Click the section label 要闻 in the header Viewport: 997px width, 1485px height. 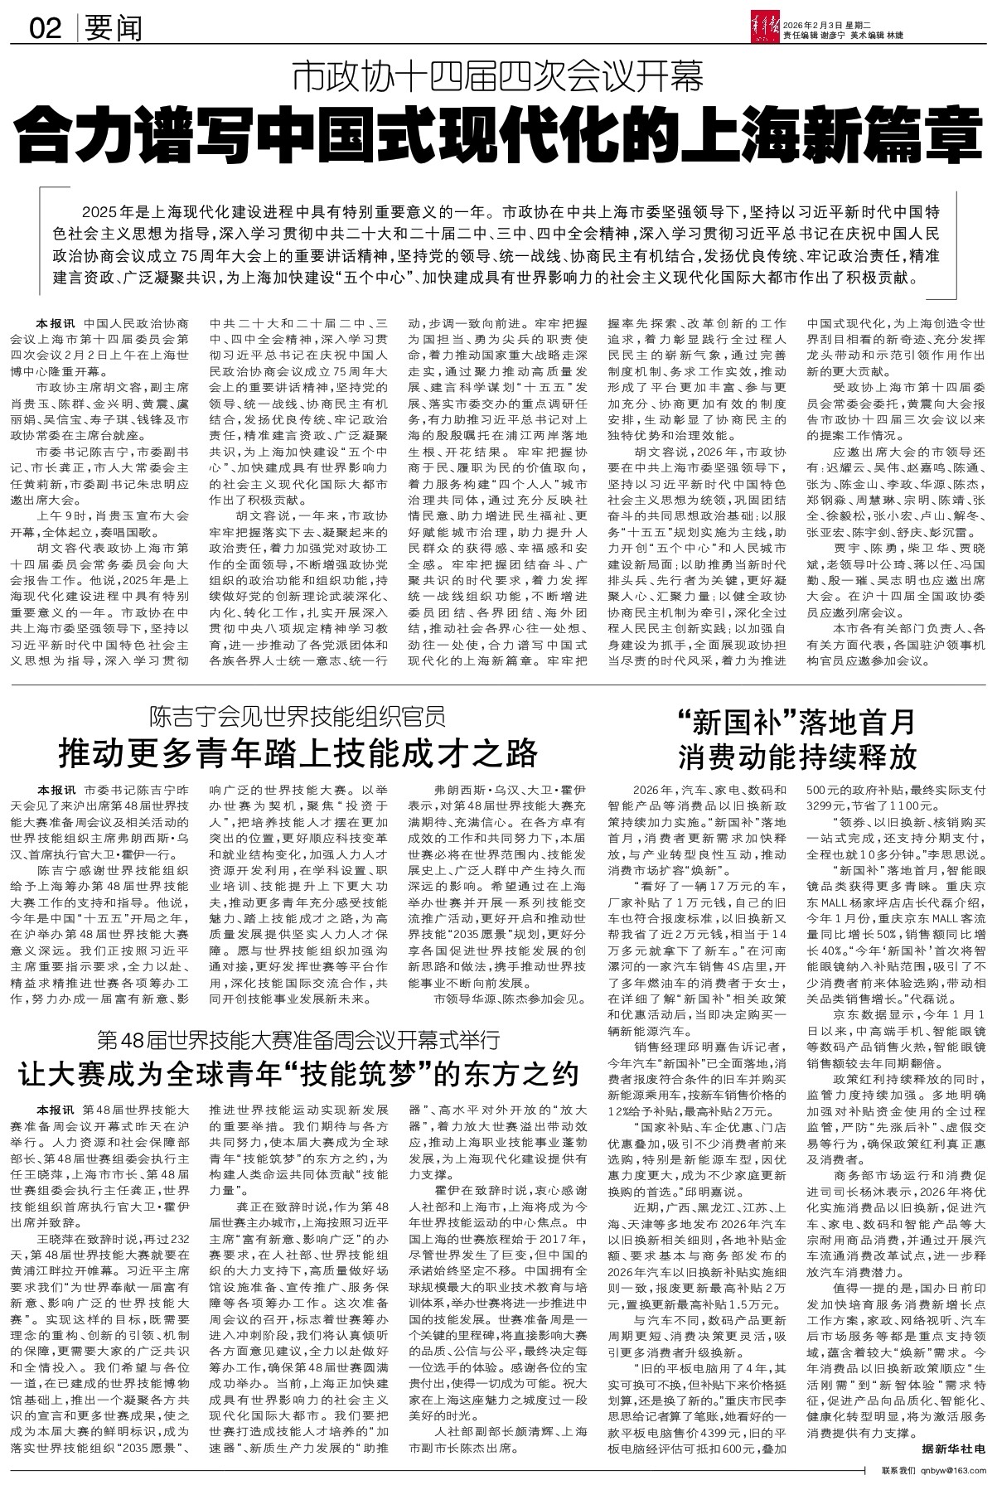click(113, 30)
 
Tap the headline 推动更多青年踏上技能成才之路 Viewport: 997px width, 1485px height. click(297, 754)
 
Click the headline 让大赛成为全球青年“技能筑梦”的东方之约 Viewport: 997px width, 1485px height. click(297, 1076)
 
